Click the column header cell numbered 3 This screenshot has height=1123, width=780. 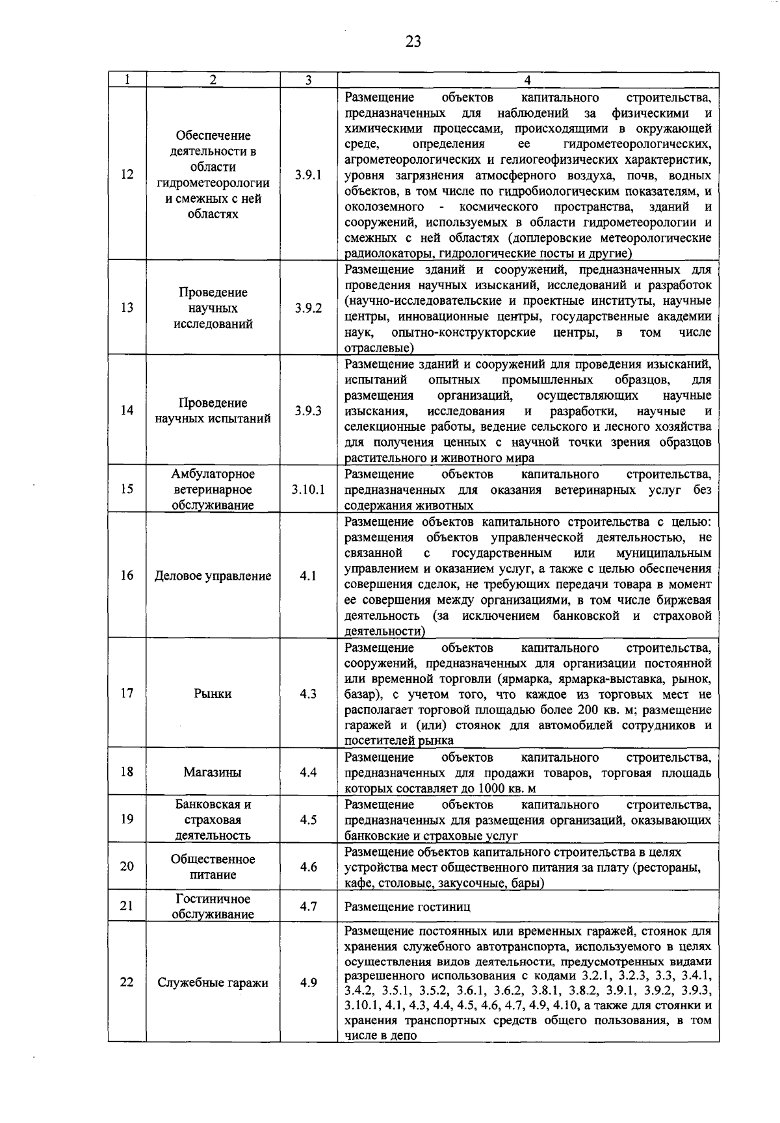(308, 80)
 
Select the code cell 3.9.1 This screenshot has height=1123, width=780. (308, 175)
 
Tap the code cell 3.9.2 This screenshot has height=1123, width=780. (308, 308)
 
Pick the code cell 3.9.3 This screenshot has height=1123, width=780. (308, 411)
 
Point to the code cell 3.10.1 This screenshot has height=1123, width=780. (308, 489)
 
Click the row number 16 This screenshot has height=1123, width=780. (127, 576)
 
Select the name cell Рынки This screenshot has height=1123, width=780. (213, 693)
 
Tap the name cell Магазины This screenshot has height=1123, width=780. (213, 772)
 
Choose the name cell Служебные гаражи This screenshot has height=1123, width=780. (213, 983)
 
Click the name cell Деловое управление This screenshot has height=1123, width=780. (213, 576)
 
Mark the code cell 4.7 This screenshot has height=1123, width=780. (308, 906)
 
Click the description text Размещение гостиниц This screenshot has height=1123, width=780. (408, 907)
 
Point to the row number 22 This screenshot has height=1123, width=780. (127, 982)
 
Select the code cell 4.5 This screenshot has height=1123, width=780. (308, 820)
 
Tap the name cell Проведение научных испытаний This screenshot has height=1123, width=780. (213, 411)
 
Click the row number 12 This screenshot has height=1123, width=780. (127, 175)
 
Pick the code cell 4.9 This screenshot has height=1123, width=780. (308, 983)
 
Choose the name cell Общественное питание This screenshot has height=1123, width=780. (213, 866)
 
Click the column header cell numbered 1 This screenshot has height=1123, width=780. (127, 80)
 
